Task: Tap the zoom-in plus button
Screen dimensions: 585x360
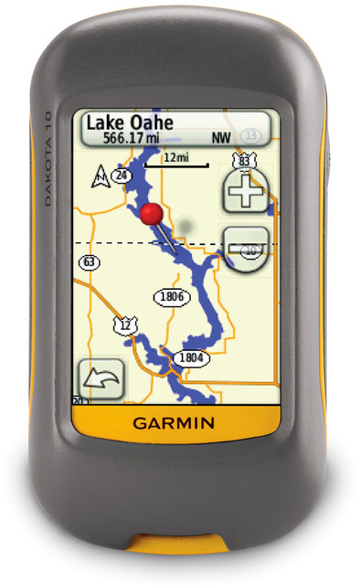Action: click(245, 192)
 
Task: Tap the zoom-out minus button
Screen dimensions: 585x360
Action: click(245, 248)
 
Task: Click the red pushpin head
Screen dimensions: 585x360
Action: click(153, 214)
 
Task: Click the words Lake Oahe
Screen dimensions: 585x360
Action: click(131, 123)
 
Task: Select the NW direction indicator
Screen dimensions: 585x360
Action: click(221, 139)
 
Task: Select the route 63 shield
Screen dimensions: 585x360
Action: click(90, 262)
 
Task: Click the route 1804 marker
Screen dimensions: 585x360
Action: click(190, 357)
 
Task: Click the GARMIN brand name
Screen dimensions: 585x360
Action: click(175, 422)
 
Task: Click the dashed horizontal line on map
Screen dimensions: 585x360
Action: click(110, 242)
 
